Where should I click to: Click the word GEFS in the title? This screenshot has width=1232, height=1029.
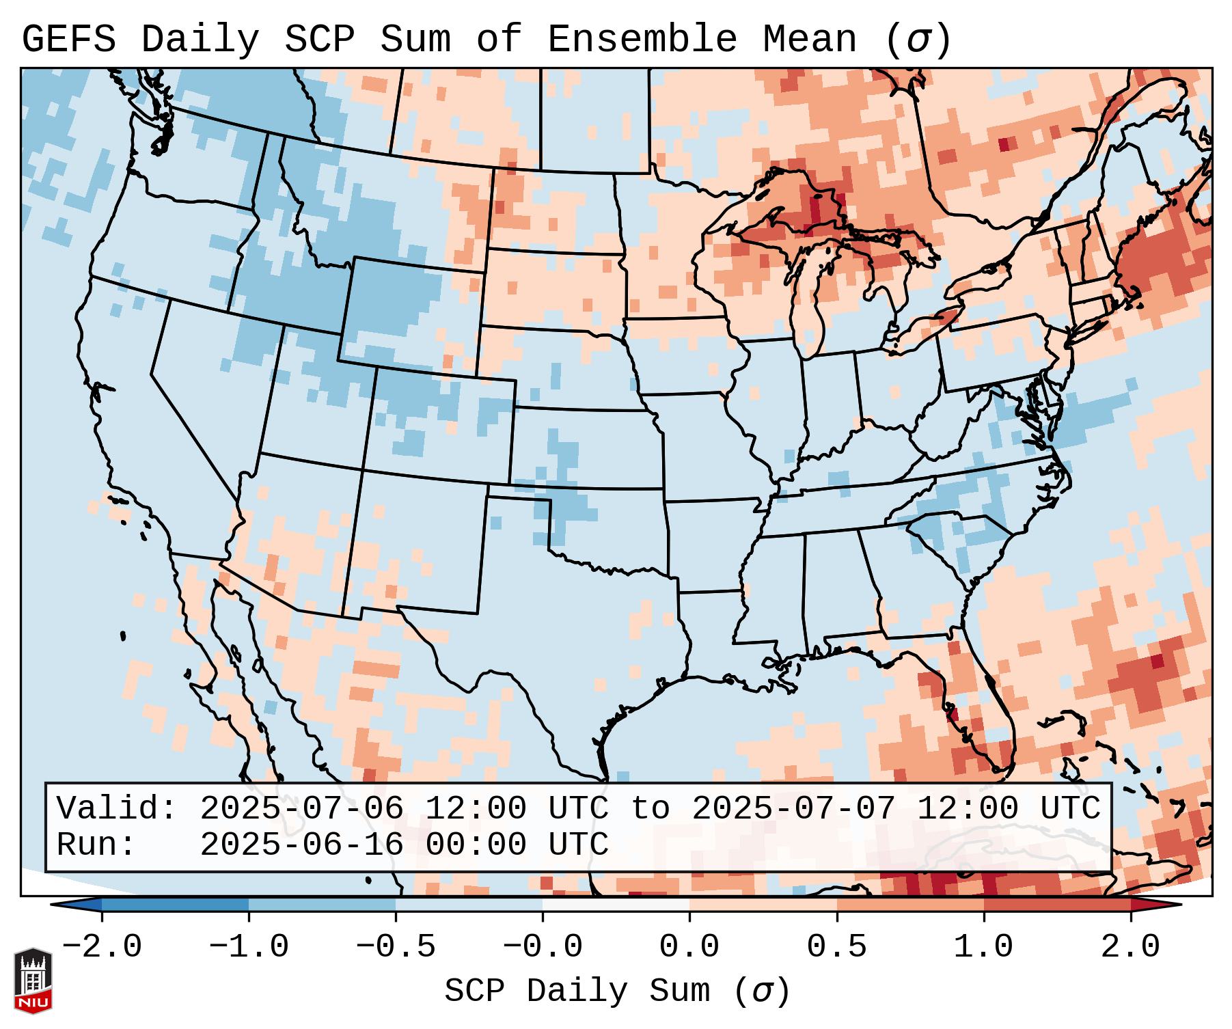(x=68, y=40)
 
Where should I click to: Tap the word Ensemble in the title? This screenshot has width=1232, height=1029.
(x=642, y=40)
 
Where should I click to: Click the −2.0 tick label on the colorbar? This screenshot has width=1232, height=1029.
(x=102, y=947)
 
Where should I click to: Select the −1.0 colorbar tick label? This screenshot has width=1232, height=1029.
(x=249, y=947)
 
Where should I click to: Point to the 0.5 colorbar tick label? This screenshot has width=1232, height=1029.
(x=836, y=947)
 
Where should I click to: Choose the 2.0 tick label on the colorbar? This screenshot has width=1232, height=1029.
(x=1130, y=947)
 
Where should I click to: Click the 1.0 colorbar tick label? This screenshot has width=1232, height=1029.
(x=983, y=947)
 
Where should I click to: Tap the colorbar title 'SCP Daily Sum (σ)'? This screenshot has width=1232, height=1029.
(x=617, y=991)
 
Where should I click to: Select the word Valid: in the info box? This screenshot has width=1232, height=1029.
(x=117, y=809)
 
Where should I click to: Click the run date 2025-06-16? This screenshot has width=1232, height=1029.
(x=301, y=845)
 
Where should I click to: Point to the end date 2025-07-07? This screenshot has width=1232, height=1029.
(x=793, y=809)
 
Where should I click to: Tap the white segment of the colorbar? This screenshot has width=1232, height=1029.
(x=616, y=905)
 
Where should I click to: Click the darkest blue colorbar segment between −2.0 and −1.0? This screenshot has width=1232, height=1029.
(x=175, y=905)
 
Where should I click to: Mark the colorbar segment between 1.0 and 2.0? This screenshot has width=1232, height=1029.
(x=1057, y=905)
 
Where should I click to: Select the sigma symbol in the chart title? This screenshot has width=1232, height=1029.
(x=918, y=40)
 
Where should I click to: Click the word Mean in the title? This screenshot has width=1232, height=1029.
(x=809, y=40)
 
